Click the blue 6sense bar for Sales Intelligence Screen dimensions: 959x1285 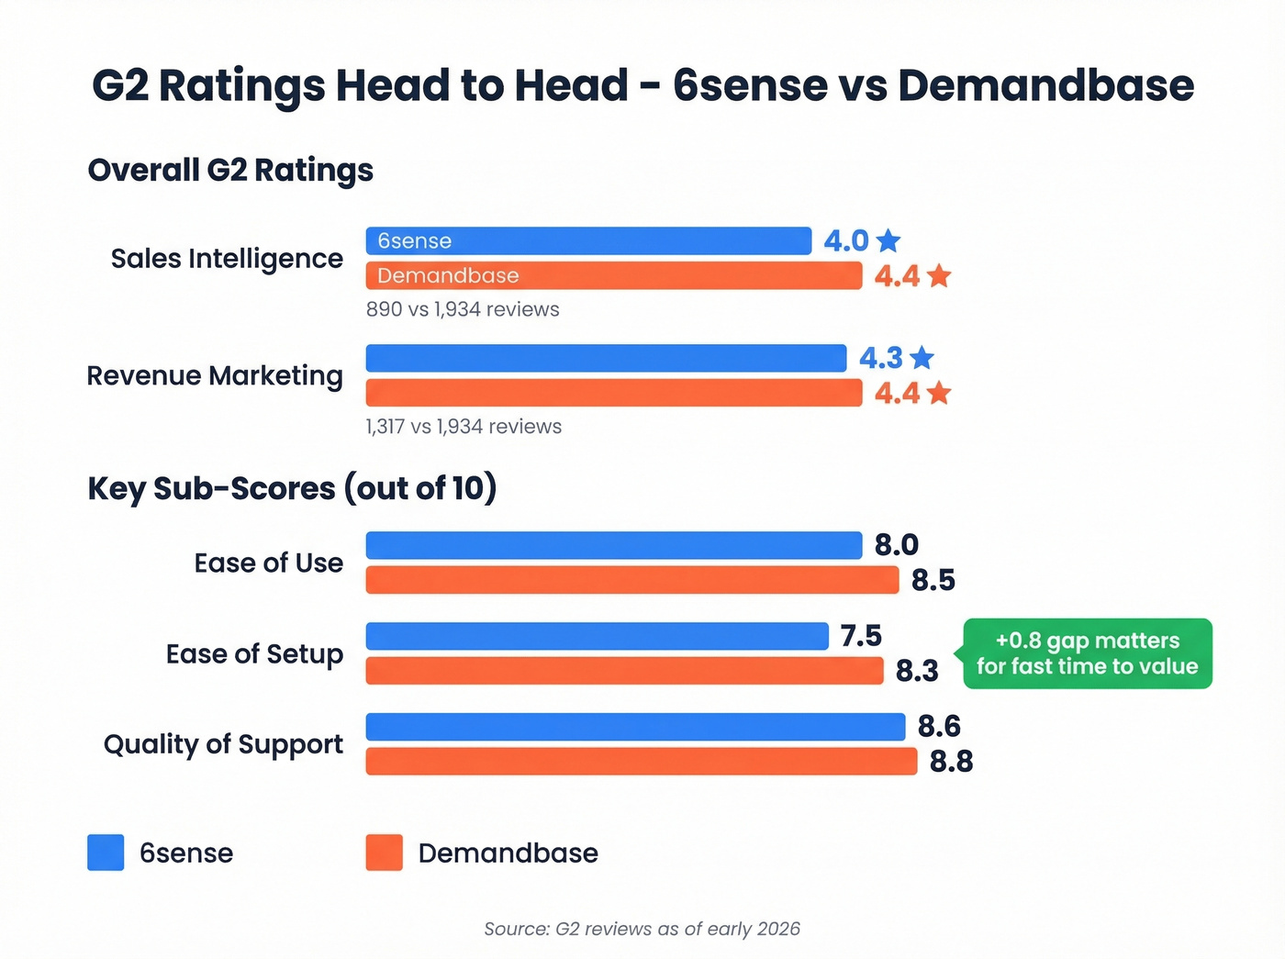point(588,240)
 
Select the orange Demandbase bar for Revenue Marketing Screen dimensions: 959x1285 point(613,393)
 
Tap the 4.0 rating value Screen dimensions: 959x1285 point(845,240)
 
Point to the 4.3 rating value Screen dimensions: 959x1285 point(881,358)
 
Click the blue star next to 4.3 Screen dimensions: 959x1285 point(922,358)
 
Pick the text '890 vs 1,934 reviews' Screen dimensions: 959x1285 point(463,309)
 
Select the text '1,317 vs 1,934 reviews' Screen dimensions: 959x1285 point(464,427)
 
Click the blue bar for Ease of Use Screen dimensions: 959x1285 point(613,545)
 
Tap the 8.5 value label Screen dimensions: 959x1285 point(933,580)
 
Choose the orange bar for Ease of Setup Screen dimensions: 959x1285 point(624,671)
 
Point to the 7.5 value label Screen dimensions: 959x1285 point(861,635)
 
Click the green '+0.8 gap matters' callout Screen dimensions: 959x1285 point(1087,653)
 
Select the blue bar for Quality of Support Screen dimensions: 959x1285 point(635,727)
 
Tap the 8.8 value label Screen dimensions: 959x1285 point(951,762)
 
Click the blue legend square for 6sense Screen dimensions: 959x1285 point(106,853)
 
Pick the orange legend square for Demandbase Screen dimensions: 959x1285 point(384,853)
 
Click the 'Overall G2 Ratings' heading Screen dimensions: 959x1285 point(230,170)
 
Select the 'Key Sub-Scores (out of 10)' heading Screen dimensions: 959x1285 point(292,488)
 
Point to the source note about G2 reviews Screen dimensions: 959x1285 point(642,929)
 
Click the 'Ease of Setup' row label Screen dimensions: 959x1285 point(254,653)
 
